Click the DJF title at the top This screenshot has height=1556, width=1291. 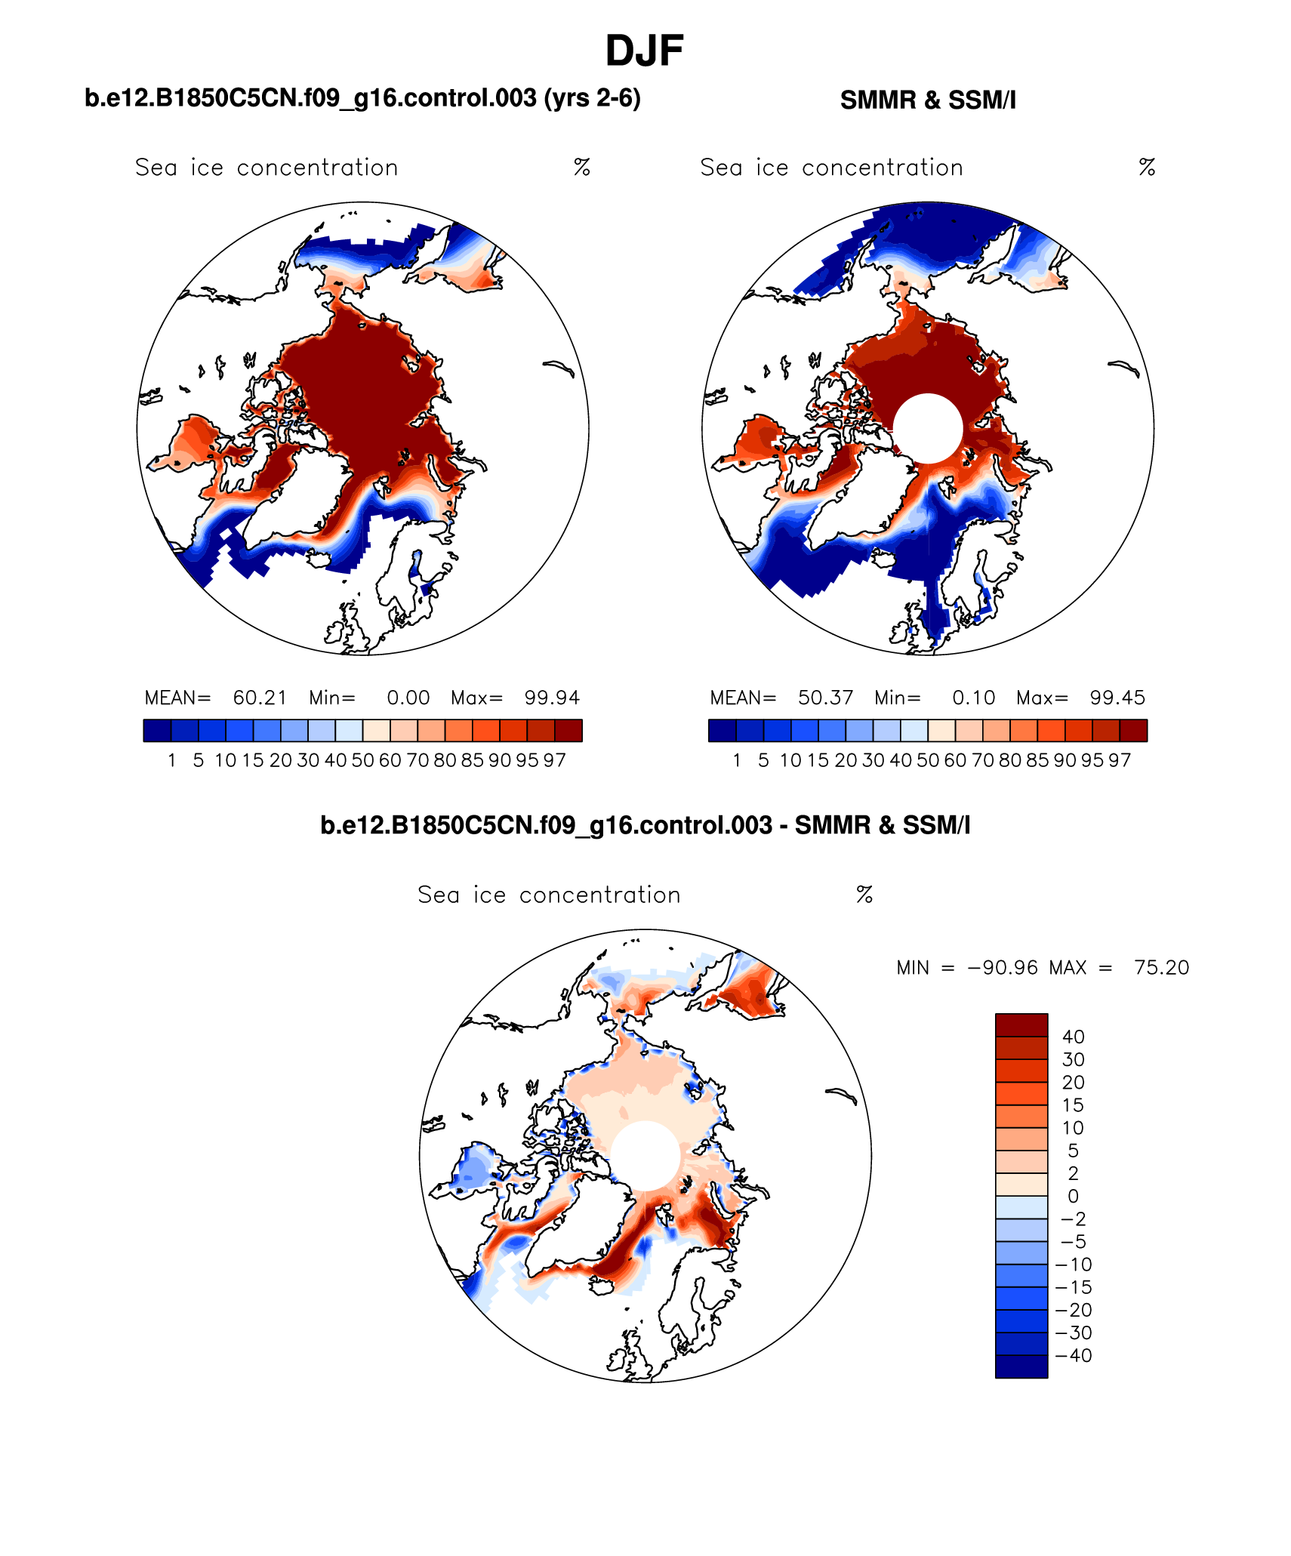coord(644,51)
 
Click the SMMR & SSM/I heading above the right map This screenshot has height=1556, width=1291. coord(928,100)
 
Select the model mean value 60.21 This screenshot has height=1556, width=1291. coord(260,698)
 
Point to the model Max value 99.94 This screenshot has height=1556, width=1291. coord(552,698)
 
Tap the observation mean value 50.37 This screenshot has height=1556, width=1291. coord(825,698)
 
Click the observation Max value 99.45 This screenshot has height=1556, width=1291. coord(1117,698)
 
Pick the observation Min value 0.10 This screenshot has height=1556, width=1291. coord(973,698)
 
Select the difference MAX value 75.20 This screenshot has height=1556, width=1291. coord(1161,968)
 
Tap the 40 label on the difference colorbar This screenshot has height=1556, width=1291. coord(1073,1037)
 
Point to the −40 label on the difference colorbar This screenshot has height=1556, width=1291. coord(1073,1356)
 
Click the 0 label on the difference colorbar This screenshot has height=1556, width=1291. coord(1073,1197)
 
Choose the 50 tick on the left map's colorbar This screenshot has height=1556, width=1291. coord(362,761)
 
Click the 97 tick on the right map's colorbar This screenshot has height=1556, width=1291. coord(1120,761)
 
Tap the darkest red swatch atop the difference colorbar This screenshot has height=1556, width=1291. coord(1021,1025)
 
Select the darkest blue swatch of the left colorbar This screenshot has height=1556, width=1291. coord(157,731)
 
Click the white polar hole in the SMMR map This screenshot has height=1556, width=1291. coord(928,428)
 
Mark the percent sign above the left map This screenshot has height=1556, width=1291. coord(581,167)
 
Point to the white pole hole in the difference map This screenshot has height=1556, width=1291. coord(645,1156)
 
